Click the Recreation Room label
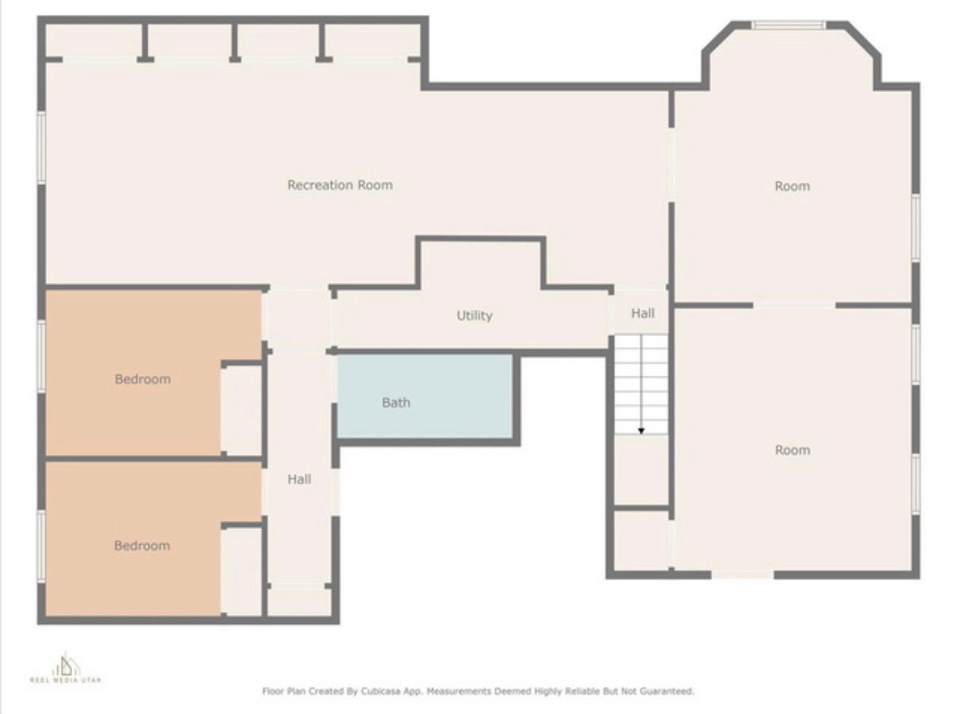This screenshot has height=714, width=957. pyautogui.click(x=340, y=185)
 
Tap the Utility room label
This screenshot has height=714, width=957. pyautogui.click(x=474, y=315)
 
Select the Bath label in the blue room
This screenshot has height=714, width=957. pyautogui.click(x=396, y=403)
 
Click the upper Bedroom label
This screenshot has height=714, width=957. pyautogui.click(x=142, y=379)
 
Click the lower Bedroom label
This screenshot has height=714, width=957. pyautogui.click(x=141, y=546)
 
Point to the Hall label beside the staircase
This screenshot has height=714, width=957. pyautogui.click(x=643, y=313)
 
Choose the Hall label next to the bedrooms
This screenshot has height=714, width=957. pyautogui.click(x=299, y=479)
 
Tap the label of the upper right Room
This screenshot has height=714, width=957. pyautogui.click(x=792, y=186)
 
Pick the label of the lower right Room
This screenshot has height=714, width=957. pyautogui.click(x=792, y=450)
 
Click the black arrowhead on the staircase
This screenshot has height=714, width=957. pyautogui.click(x=641, y=430)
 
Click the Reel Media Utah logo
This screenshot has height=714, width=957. pyautogui.click(x=66, y=669)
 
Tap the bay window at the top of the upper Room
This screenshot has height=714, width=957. pyautogui.click(x=789, y=25)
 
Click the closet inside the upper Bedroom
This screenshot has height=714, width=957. pyautogui.click(x=241, y=409)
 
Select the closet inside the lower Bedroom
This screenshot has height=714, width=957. pyautogui.click(x=241, y=570)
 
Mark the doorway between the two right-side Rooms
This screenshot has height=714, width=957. pyautogui.click(x=794, y=304)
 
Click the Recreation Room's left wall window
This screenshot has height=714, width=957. pyautogui.click(x=41, y=149)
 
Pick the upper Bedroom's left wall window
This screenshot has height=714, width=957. pyautogui.click(x=41, y=356)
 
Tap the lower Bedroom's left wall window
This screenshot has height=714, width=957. pyautogui.click(x=41, y=546)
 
